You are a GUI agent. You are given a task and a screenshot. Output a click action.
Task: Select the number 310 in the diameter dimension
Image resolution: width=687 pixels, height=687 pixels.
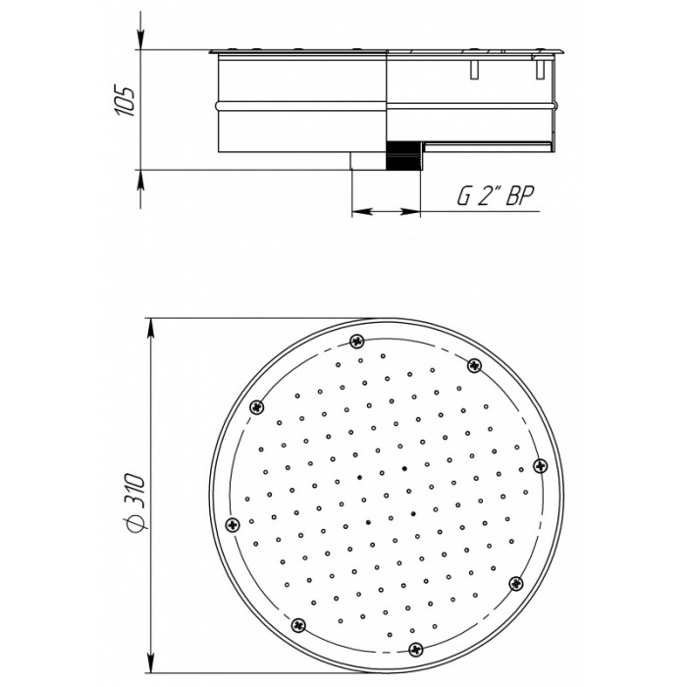point(134,489)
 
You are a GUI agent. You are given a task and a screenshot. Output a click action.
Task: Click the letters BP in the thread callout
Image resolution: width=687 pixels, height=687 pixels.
point(520,195)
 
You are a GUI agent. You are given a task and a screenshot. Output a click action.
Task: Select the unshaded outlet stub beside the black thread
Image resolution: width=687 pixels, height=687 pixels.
point(368,161)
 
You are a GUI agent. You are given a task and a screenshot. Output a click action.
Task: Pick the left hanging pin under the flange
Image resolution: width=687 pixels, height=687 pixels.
point(474,70)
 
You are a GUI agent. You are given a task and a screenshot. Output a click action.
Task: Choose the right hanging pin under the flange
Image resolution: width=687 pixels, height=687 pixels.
point(540,70)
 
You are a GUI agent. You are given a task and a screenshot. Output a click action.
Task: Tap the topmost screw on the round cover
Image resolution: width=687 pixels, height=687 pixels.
point(357,341)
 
